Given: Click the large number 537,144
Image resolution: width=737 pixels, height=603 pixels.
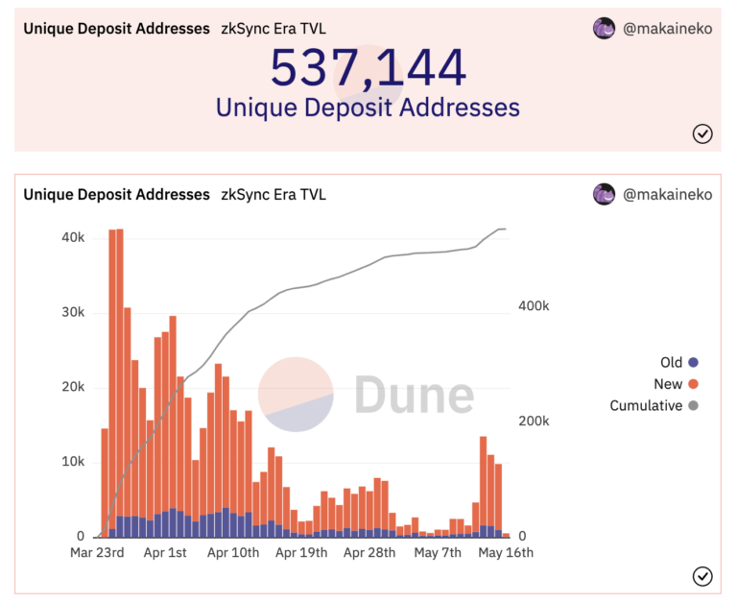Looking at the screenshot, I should (368, 67).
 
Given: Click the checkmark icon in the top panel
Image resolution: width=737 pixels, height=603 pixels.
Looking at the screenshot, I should (702, 133).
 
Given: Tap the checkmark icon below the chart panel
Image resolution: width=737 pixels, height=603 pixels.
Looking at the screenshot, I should (702, 575).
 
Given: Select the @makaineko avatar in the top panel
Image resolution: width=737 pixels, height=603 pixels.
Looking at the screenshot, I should (604, 29).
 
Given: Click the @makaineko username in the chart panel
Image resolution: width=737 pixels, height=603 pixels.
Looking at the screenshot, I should (667, 194).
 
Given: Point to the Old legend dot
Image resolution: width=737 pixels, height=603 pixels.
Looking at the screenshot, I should (693, 362).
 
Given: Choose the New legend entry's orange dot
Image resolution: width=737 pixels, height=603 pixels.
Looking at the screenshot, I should (693, 384).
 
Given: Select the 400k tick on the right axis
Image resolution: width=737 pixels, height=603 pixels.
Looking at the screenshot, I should (533, 305).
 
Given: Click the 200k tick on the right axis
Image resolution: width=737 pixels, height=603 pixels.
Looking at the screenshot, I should (533, 421).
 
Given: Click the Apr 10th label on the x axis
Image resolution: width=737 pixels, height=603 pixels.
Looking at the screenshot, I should (232, 553).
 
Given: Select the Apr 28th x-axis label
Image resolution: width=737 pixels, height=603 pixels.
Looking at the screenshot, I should (368, 553).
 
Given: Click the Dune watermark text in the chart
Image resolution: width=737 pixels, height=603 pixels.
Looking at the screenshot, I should (414, 395).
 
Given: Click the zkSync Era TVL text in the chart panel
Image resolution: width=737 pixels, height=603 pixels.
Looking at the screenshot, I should (273, 194).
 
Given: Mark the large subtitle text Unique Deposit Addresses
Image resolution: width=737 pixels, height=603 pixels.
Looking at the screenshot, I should (368, 108).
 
